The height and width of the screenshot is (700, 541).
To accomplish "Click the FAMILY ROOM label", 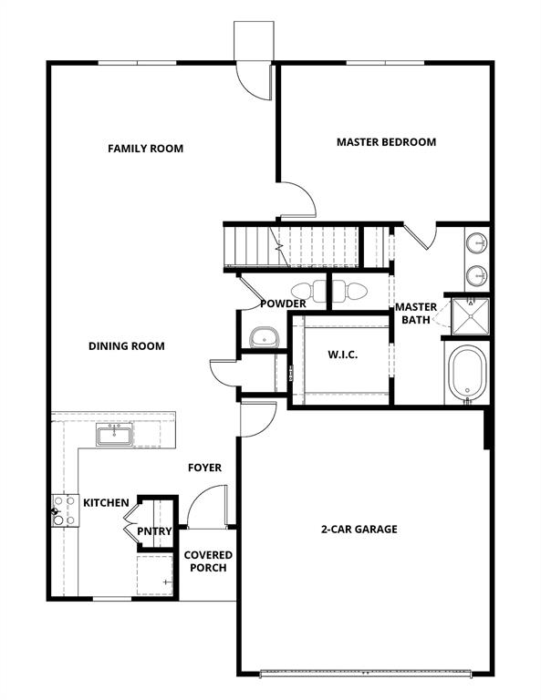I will (x=145, y=148).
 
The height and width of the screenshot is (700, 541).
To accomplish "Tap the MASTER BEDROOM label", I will (x=386, y=142).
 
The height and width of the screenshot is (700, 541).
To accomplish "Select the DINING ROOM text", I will (x=126, y=345).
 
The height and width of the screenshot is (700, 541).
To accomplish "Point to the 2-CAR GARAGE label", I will (x=359, y=529).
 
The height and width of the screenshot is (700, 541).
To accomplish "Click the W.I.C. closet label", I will (x=342, y=355).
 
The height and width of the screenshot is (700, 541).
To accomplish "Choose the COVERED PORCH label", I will (x=208, y=561).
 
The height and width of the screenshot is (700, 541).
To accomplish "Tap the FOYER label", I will (x=204, y=468).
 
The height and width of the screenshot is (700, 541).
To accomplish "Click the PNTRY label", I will (x=152, y=530).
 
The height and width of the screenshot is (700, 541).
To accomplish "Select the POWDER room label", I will (x=282, y=304).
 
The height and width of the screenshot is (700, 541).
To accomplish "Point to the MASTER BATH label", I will (x=416, y=313).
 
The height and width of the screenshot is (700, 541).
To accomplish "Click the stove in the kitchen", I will (x=63, y=510).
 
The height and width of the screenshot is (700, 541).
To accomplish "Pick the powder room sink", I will (x=264, y=336).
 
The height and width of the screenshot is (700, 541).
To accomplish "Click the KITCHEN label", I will (x=106, y=502).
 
